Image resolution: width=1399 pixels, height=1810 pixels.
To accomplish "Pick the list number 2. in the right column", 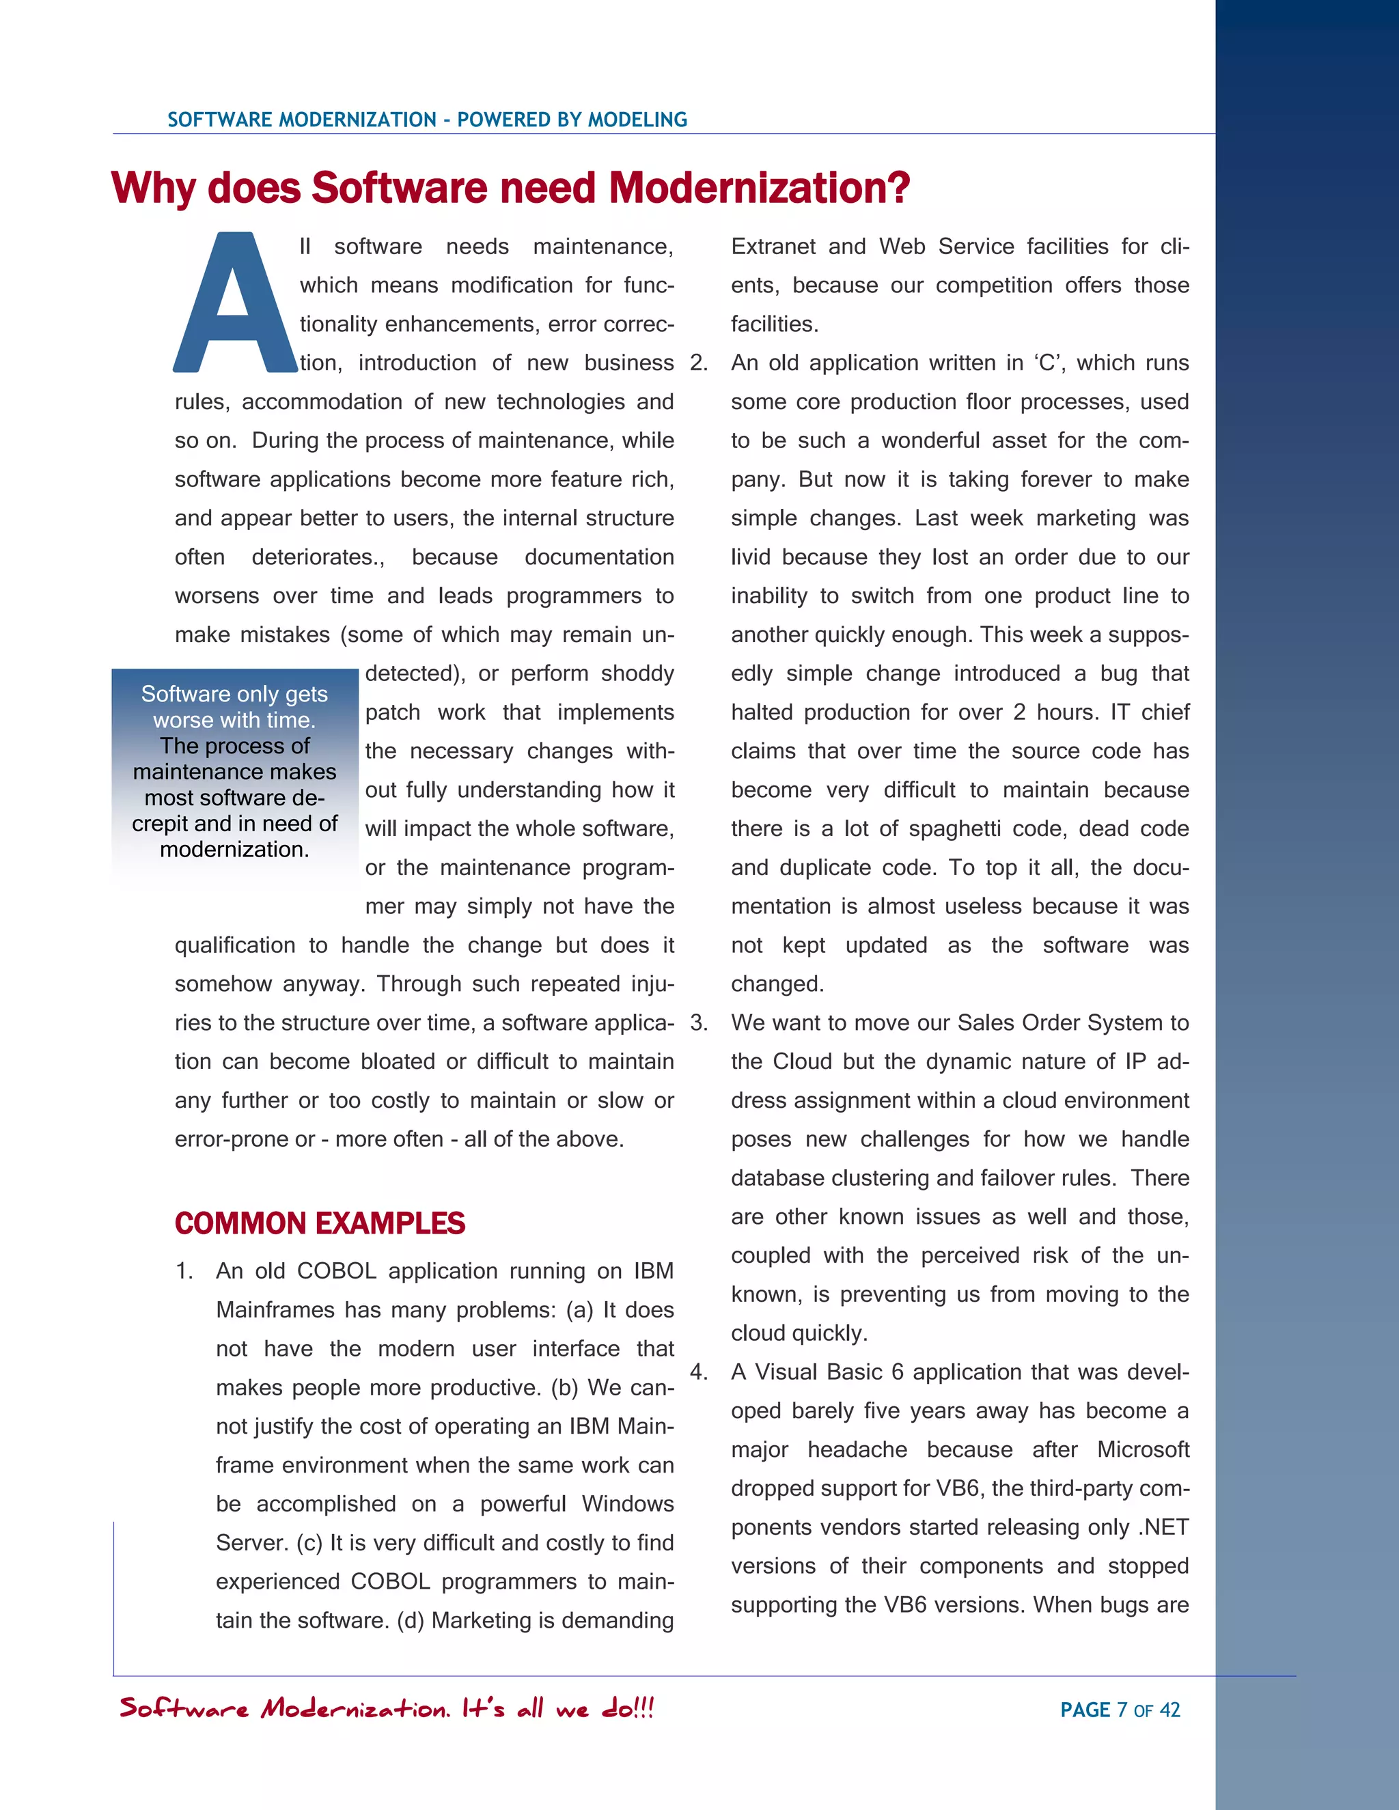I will tap(699, 363).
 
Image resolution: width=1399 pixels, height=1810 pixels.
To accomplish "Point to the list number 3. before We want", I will tap(699, 1022).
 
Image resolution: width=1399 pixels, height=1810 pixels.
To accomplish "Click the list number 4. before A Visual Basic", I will tap(699, 1372).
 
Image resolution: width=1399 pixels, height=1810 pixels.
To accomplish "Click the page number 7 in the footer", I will tap(1122, 1710).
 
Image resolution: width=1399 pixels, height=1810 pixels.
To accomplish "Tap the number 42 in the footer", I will tap(1169, 1710).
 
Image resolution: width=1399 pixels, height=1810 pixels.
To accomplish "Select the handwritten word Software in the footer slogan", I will tap(184, 1708).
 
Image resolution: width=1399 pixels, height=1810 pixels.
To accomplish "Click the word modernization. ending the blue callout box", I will tap(234, 850).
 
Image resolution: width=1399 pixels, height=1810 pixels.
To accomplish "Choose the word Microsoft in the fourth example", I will tap(1143, 1449).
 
